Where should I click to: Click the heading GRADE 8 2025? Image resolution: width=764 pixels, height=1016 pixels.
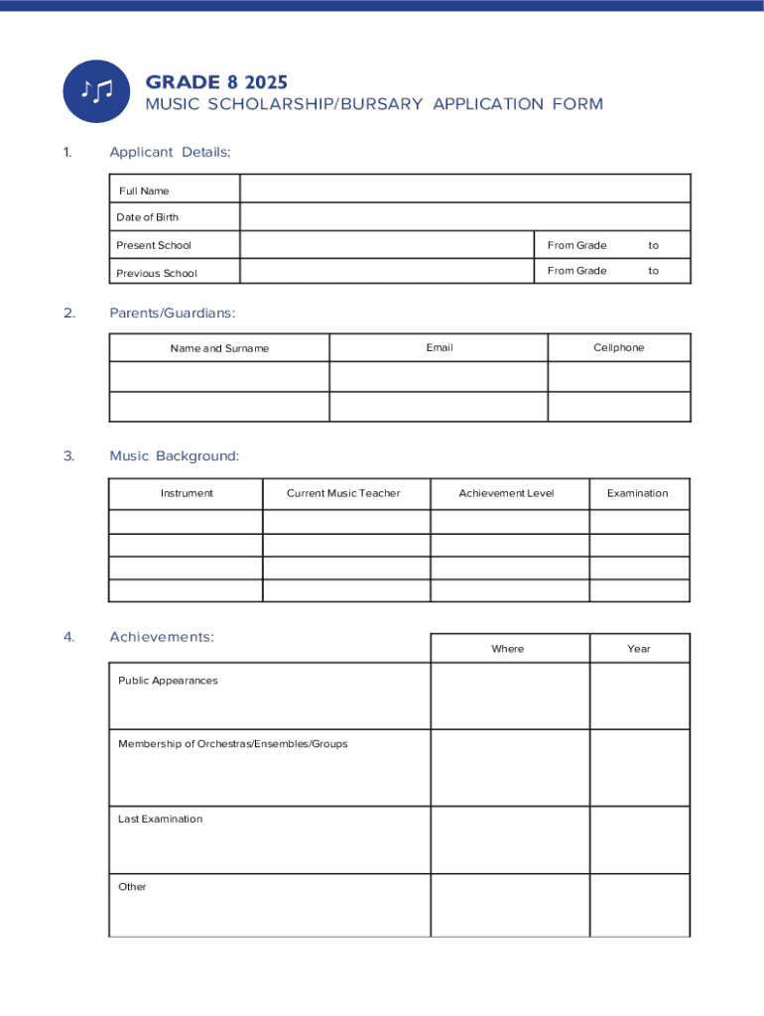[x=216, y=81]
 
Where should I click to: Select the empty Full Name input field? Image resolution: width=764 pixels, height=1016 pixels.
[x=464, y=190]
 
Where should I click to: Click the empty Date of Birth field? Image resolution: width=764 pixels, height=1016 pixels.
[x=464, y=217]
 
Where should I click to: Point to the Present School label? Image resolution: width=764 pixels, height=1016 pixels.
[x=154, y=245]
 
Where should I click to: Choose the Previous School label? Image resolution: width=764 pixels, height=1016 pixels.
[x=157, y=273]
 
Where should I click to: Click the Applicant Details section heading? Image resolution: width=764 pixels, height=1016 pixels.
[x=170, y=152]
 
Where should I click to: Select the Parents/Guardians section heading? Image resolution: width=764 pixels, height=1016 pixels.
[x=173, y=314]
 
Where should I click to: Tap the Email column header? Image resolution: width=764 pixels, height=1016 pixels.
[x=439, y=347]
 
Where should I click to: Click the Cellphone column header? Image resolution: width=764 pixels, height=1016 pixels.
[x=618, y=347]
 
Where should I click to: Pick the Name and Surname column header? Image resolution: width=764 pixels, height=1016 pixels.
[x=219, y=348]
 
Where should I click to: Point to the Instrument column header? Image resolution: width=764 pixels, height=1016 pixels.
[x=187, y=493]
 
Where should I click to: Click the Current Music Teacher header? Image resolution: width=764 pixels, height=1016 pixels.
[x=343, y=493]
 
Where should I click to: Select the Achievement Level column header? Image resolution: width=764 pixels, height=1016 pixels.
[x=506, y=493]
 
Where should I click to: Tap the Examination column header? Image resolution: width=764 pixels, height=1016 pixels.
[x=637, y=493]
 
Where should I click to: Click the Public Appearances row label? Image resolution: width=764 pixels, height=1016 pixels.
[x=168, y=681]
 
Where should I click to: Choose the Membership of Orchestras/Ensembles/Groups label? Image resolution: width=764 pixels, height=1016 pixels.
[x=233, y=743]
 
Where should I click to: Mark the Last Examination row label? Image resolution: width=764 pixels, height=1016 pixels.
[x=160, y=819]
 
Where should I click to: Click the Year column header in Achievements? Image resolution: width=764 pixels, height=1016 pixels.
[x=638, y=649]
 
